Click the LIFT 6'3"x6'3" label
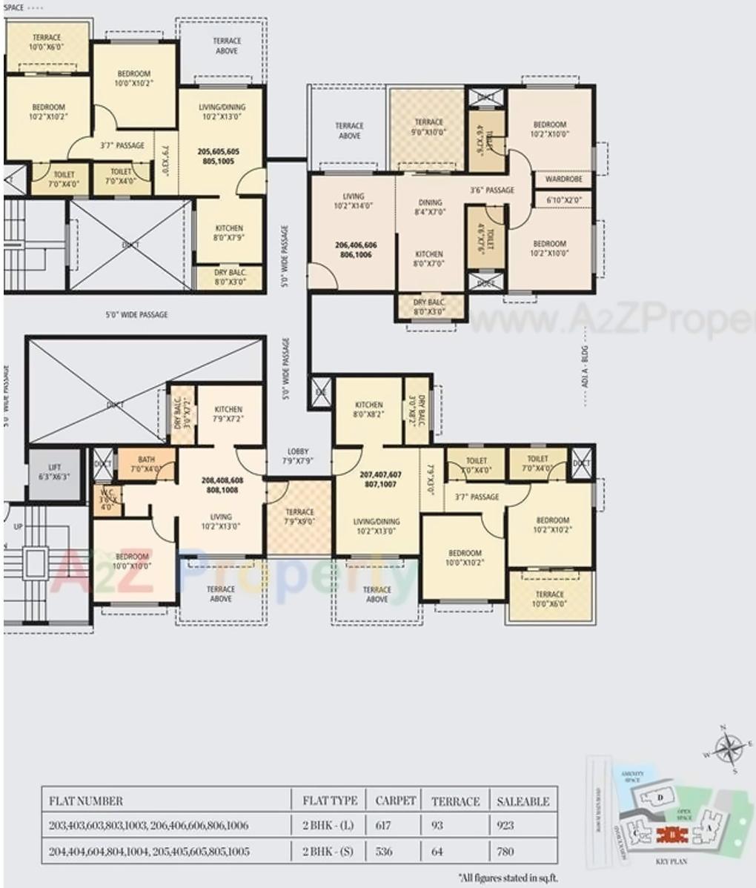(x=53, y=472)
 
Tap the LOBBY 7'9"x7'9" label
(x=298, y=456)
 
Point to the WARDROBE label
(x=563, y=179)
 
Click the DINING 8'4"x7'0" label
(x=430, y=207)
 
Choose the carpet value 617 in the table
(x=383, y=825)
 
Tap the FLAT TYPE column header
(x=330, y=801)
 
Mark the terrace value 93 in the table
(x=438, y=825)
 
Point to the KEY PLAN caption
(x=672, y=863)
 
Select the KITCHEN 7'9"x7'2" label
(x=228, y=414)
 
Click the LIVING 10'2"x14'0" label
(x=354, y=202)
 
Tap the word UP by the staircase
(x=18, y=527)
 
